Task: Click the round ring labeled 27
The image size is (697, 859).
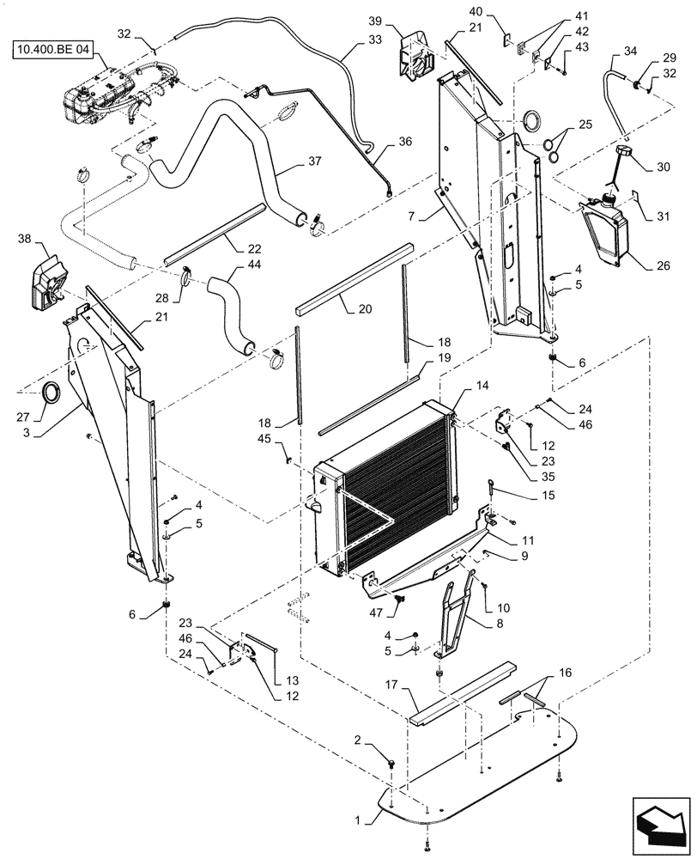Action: coord(52,394)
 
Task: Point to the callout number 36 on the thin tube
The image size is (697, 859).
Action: coord(404,139)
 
